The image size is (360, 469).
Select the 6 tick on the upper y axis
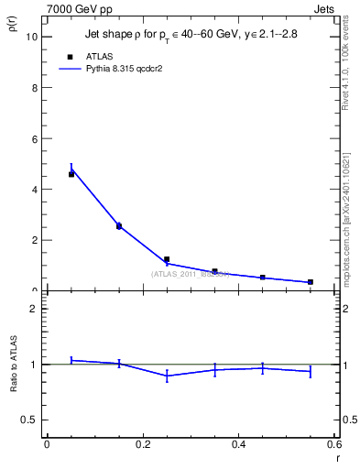coord(34,138)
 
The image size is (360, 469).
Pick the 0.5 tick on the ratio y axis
coord(30,420)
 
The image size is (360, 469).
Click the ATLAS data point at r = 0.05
coord(71,174)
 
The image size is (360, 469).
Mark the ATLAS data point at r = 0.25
coord(167,259)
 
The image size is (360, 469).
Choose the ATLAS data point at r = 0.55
coord(311,282)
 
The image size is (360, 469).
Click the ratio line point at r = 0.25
coord(167,376)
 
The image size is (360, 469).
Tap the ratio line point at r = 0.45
coord(262,368)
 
